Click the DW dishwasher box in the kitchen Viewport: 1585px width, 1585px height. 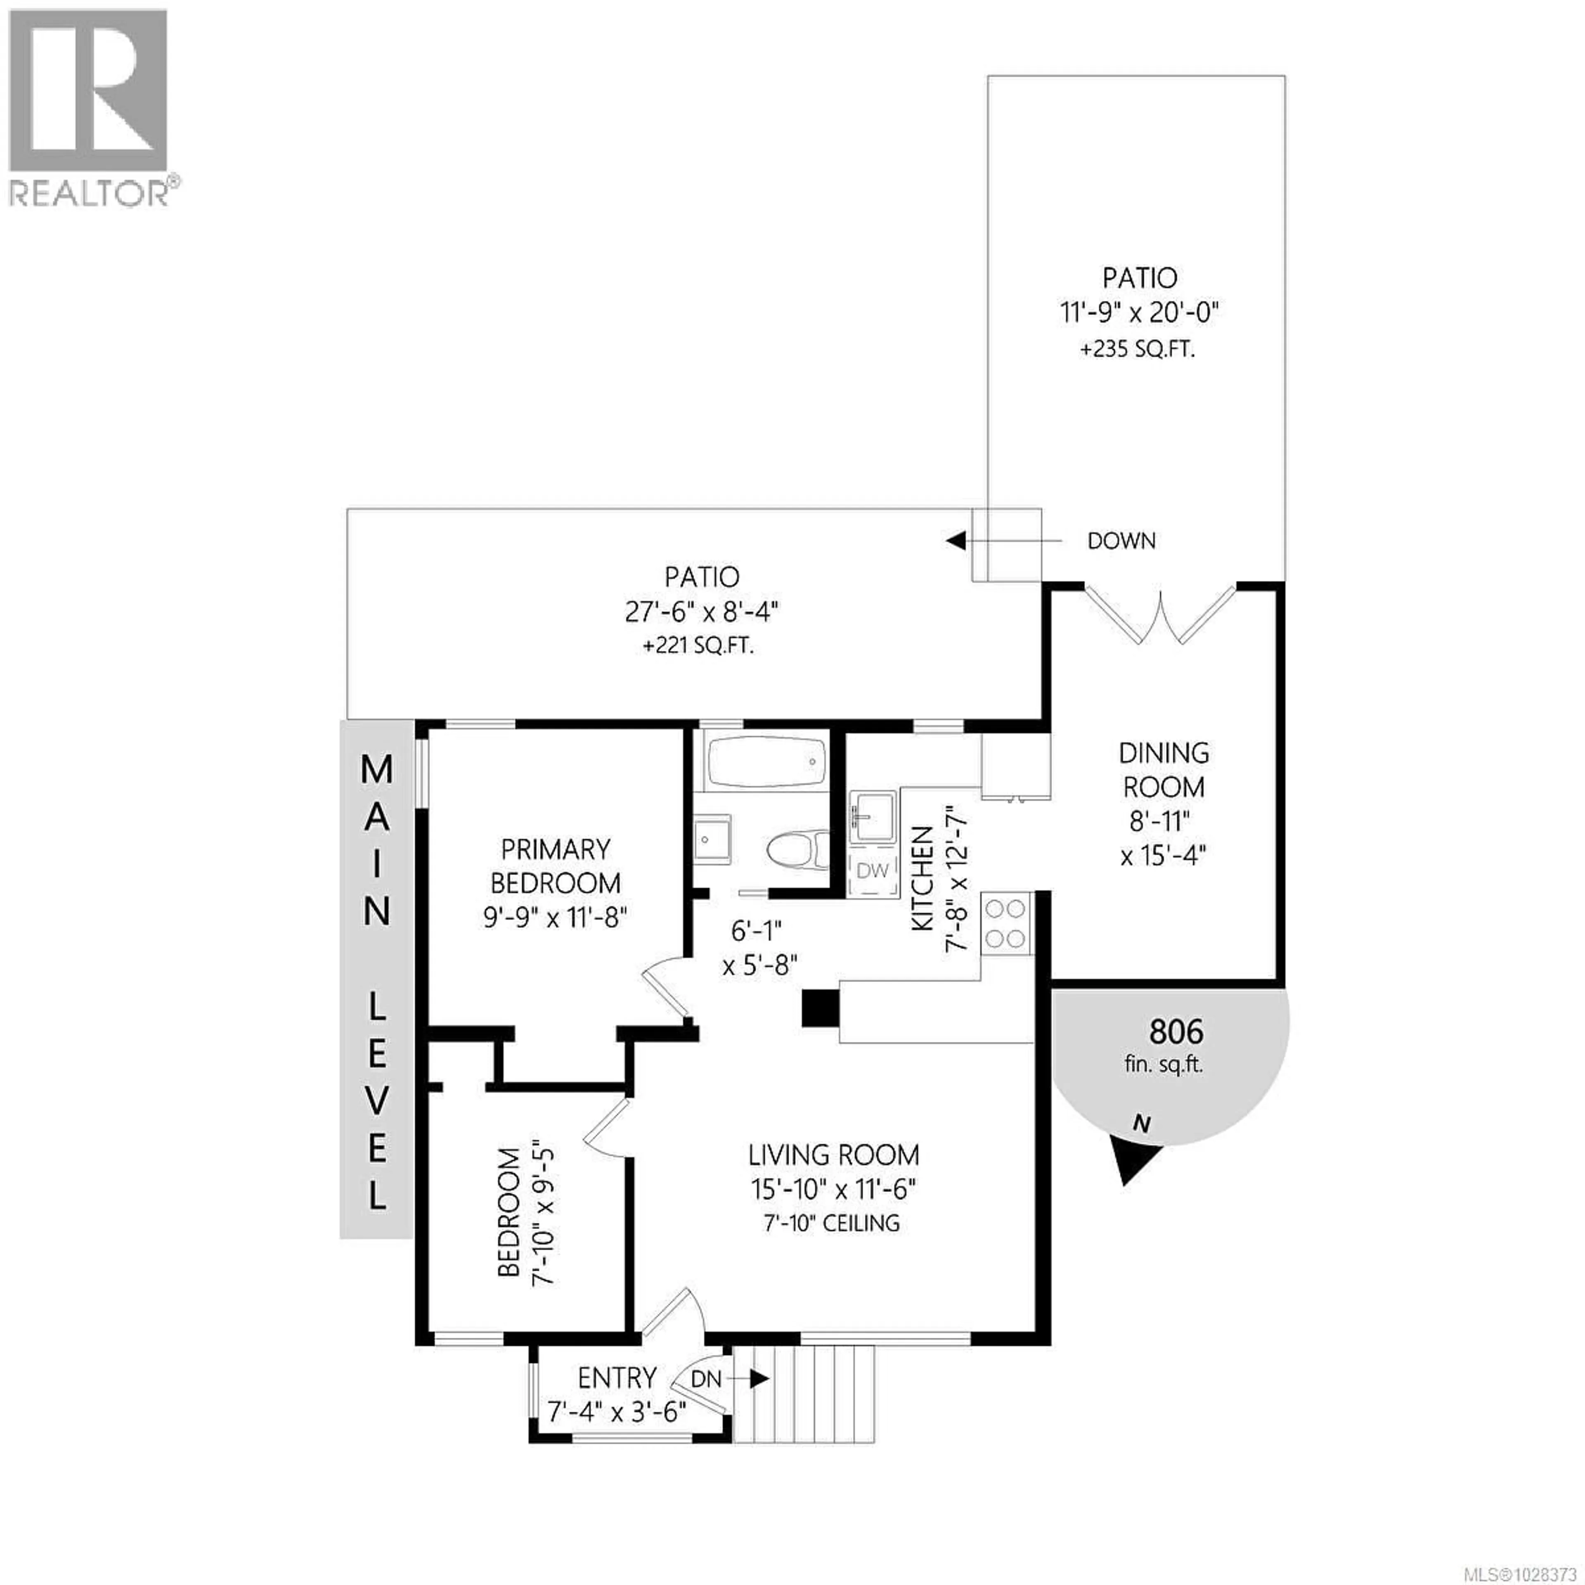[872, 871]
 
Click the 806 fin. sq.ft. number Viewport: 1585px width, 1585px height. [1176, 1031]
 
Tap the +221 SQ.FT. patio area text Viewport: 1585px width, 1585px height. [698, 646]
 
